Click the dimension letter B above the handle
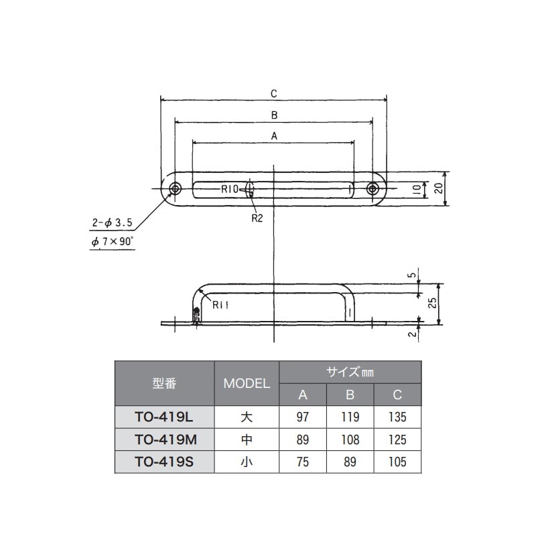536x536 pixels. click(x=273, y=115)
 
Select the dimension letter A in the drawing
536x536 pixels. click(x=273, y=135)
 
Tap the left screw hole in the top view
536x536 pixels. click(x=176, y=189)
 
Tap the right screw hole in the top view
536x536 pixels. click(x=373, y=189)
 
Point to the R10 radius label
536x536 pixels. click(x=230, y=190)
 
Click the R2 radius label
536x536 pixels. click(x=256, y=217)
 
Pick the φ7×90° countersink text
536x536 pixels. click(x=113, y=242)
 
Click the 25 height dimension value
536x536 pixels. click(x=434, y=303)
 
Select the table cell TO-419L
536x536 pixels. click(x=163, y=417)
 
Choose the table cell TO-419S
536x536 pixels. click(x=163, y=462)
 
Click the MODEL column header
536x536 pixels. click(x=246, y=384)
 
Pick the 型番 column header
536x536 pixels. click(x=163, y=384)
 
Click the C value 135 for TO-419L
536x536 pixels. click(x=397, y=417)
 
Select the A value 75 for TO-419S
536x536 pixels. click(x=302, y=462)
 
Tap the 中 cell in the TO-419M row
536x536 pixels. click(x=246, y=440)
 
